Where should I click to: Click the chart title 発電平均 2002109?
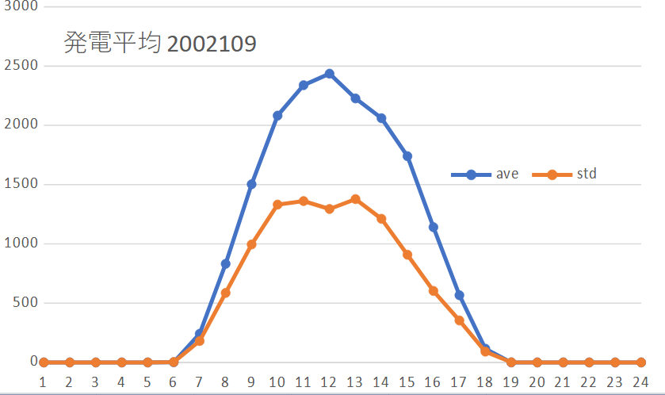(x=159, y=43)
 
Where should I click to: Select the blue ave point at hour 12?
(x=329, y=74)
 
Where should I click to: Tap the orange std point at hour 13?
(x=355, y=199)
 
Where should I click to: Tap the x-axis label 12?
(x=329, y=382)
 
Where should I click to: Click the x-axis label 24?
(x=640, y=382)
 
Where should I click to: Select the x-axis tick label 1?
(x=44, y=382)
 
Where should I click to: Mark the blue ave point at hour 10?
(x=277, y=116)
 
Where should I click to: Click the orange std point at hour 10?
(x=277, y=205)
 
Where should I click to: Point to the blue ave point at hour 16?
(x=433, y=227)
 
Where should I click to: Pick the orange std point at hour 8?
(x=225, y=293)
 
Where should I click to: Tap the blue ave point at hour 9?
(x=251, y=184)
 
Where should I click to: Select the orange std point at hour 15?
(x=407, y=255)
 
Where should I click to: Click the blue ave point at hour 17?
(x=459, y=295)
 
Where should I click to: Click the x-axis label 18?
(x=485, y=382)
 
